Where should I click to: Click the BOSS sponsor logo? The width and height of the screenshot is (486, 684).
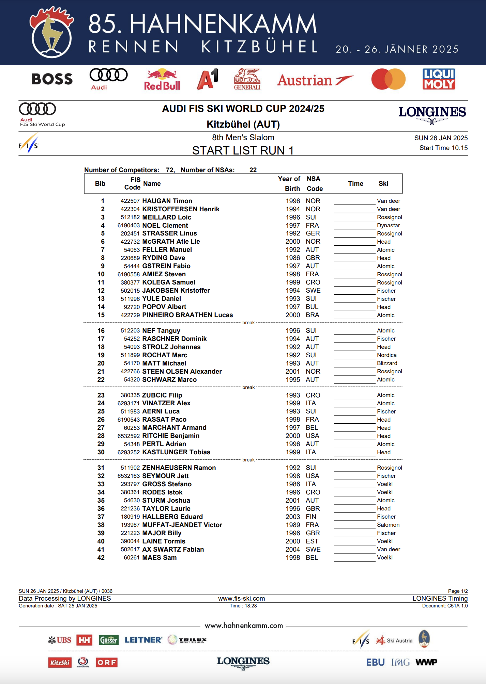pos(52,79)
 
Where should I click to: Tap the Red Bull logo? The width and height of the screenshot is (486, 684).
pos(162,80)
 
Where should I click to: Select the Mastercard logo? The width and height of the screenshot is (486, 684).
pos(388,79)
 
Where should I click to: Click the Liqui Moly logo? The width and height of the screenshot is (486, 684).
pos(439,79)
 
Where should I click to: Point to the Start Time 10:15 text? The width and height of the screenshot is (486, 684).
pos(443,148)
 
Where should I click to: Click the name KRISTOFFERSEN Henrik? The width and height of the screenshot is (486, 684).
pos(181,209)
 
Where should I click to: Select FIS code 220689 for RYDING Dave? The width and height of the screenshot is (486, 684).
pos(130,258)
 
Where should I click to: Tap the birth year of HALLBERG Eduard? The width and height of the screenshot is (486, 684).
pos(293,517)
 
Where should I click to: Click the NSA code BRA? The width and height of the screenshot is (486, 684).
pos(313,315)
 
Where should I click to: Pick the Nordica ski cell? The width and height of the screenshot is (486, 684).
pos(386,355)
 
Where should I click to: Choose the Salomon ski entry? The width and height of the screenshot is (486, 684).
pos(388,525)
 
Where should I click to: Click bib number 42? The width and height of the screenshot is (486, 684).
pos(101,558)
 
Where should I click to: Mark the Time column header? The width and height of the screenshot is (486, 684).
pos(355,184)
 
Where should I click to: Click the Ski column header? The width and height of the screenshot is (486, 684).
pos(383,184)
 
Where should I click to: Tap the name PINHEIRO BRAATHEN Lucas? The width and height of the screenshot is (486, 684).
pos(187,315)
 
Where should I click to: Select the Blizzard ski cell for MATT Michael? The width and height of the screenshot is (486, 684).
pos(387,363)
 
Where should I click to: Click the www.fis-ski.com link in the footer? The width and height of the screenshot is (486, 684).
pos(241,599)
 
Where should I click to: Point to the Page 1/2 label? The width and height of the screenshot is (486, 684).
pos(458,591)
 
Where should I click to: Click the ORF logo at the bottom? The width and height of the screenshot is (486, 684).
pos(107,662)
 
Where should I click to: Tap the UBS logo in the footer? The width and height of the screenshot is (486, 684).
pos(60,640)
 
